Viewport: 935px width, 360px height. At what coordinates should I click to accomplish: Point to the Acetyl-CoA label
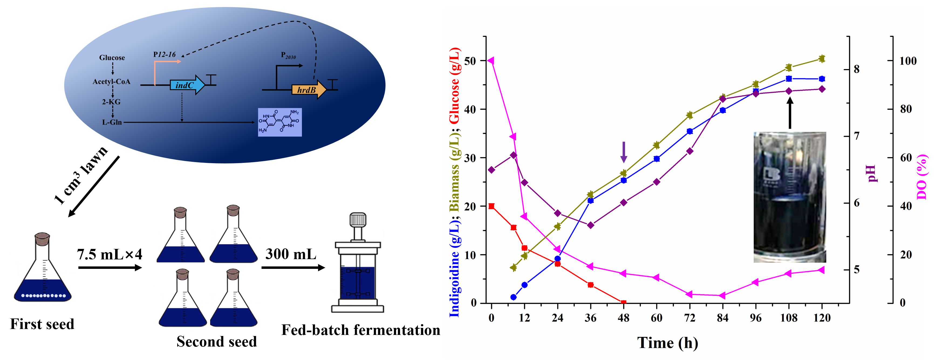111,82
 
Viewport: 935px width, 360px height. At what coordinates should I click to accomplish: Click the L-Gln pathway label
112,122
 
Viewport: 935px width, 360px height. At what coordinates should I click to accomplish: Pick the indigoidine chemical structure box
279,122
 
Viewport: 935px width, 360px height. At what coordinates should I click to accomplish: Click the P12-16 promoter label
165,54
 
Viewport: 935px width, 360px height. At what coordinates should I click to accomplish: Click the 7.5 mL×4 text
109,254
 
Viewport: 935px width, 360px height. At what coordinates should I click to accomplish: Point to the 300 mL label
291,254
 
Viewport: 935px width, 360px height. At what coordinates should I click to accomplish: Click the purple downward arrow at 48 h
624,152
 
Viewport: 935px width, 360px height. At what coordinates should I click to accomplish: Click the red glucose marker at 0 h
492,206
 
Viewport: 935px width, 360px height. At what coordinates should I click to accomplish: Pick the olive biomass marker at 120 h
822,59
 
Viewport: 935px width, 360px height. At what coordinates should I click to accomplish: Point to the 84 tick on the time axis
722,318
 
